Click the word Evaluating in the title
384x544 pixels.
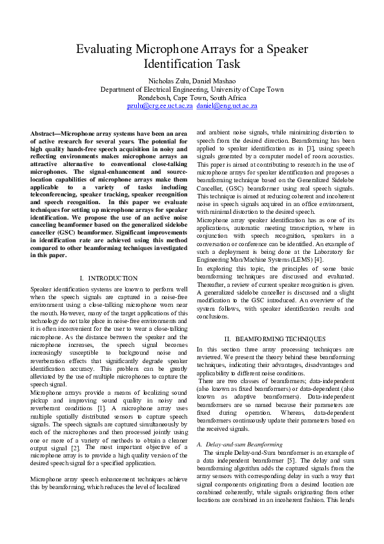point(106,50)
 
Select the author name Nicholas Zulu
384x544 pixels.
point(167,81)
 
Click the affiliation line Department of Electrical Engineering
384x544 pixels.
point(152,89)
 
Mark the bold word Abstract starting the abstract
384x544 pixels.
point(44,132)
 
